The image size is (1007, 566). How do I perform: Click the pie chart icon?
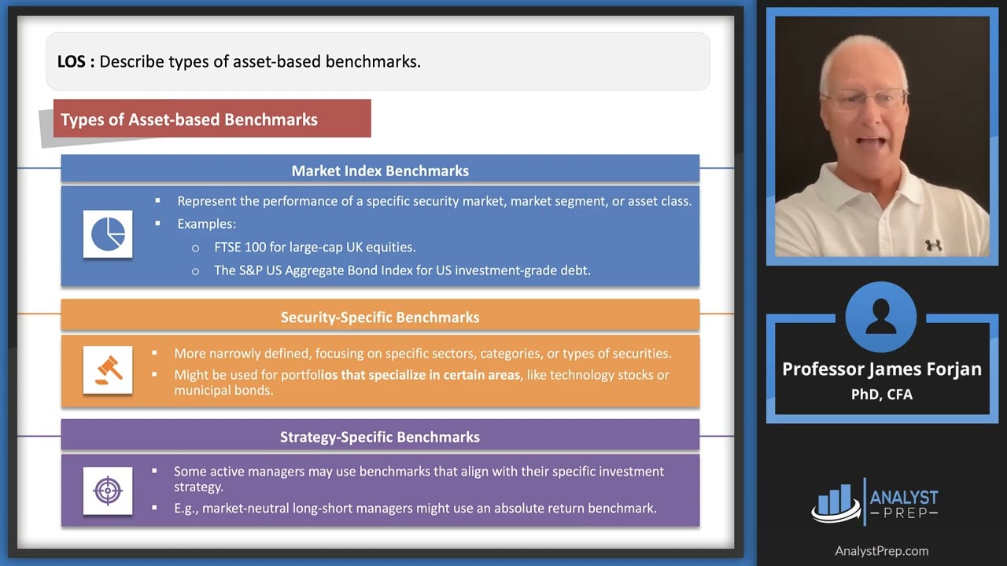108,234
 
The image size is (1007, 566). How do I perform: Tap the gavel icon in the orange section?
108,369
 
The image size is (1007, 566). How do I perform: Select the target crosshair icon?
108,491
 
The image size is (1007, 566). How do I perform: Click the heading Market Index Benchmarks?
380,171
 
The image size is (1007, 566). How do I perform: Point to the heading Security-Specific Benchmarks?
380,317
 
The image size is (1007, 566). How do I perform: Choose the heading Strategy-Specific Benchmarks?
380,436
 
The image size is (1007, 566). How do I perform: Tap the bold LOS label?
76,61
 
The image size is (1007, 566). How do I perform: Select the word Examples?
206,223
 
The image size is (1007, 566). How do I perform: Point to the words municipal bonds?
223,390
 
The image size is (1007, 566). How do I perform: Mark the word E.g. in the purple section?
186,509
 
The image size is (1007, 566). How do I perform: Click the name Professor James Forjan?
882,369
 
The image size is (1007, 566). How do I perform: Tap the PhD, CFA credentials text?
882,395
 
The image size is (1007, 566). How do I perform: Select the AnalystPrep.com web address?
882,551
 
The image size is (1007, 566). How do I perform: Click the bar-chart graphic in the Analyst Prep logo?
835,502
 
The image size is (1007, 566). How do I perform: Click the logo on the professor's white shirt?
934,244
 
